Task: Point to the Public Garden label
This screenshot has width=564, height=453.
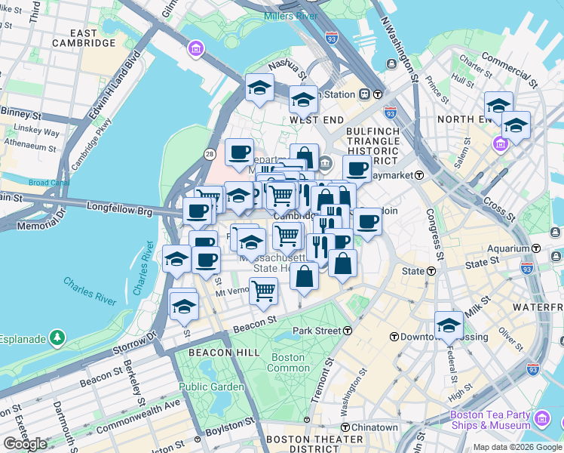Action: [211, 387]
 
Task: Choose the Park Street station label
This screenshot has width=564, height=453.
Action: [323, 331]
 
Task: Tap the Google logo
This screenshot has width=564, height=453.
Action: [25, 444]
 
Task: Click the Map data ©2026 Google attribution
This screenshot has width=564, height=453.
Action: [517, 447]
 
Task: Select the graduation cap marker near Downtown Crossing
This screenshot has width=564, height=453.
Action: [449, 325]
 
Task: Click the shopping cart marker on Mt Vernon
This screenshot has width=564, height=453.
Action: [263, 290]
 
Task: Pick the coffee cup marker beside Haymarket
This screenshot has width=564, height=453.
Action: [357, 168]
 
